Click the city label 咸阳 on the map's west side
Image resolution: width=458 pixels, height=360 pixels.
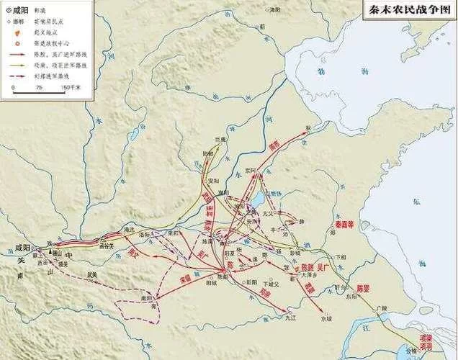23,247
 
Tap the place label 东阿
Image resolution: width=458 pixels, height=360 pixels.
249,171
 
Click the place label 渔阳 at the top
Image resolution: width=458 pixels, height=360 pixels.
274,9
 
